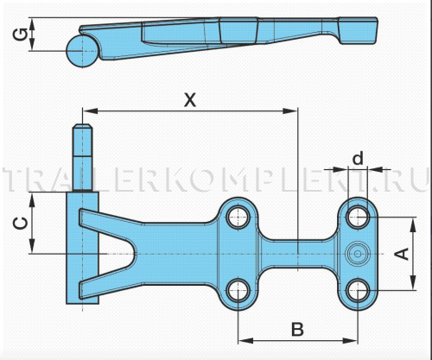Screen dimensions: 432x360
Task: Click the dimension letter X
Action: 190,100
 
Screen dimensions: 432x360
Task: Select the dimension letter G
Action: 21,34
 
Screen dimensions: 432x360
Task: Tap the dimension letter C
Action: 21,224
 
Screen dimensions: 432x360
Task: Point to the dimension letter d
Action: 358,158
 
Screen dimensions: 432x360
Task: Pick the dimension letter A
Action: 402,254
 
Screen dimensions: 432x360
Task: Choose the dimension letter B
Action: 297,329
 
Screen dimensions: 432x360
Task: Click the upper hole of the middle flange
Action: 238,217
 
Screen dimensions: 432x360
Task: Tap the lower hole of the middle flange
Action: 238,290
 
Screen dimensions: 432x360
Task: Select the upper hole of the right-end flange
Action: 358,217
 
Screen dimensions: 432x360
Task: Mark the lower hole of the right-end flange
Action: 358,290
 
